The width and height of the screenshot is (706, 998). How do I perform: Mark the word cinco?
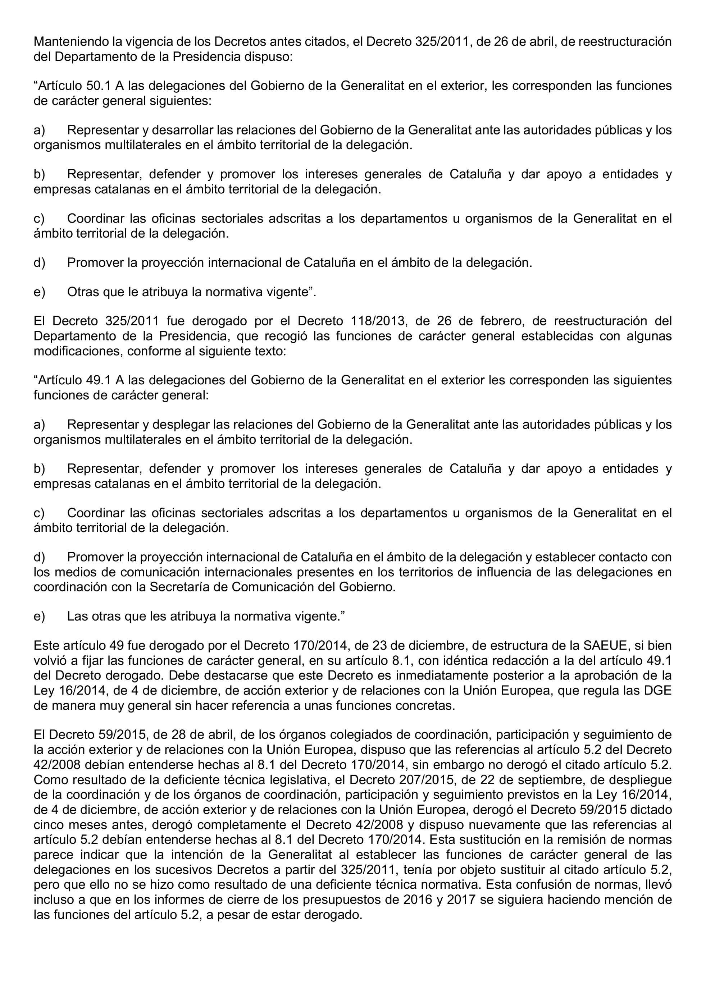pos(50,824)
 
